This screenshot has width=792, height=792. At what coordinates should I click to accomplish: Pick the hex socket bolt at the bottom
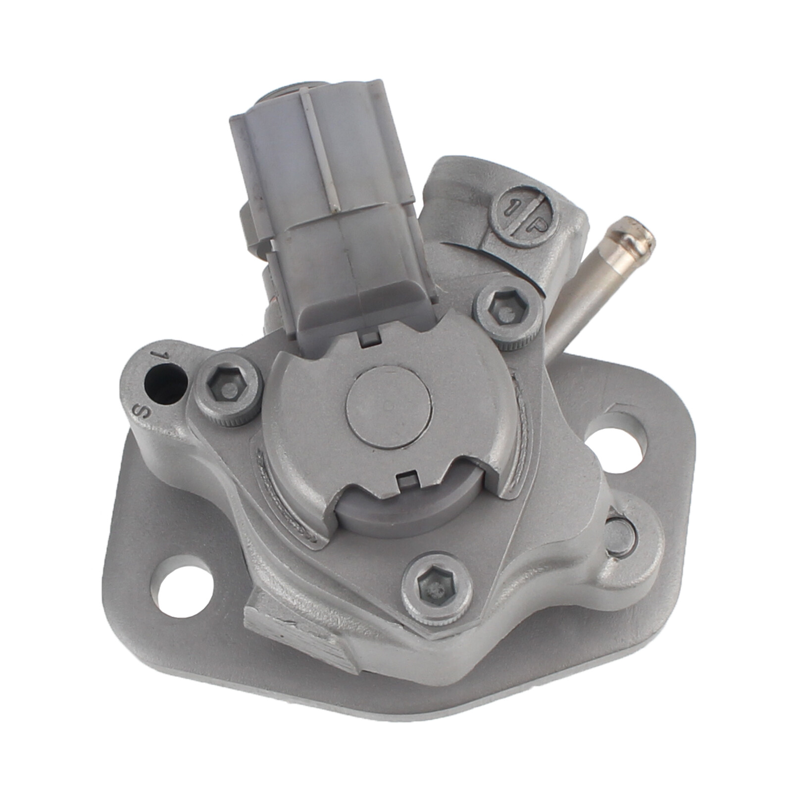click(436, 589)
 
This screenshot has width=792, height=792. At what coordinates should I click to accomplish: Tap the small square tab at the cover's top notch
click(369, 339)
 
